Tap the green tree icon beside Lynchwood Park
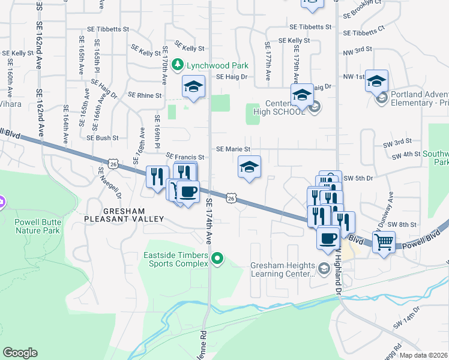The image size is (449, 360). (x=177, y=64)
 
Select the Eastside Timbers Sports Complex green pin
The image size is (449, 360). (x=218, y=259)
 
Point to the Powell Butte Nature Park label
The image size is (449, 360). (x=37, y=226)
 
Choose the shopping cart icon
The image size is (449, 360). (x=384, y=242)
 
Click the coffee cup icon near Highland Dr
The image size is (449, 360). (x=328, y=238)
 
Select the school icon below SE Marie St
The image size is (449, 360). (x=249, y=167)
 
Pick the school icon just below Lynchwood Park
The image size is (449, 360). (x=194, y=86)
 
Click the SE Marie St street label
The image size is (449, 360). (x=233, y=149)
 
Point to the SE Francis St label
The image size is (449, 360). (x=185, y=157)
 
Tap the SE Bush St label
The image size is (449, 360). (x=103, y=137)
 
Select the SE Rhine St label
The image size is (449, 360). (x=145, y=95)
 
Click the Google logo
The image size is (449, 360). (x=20, y=353)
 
